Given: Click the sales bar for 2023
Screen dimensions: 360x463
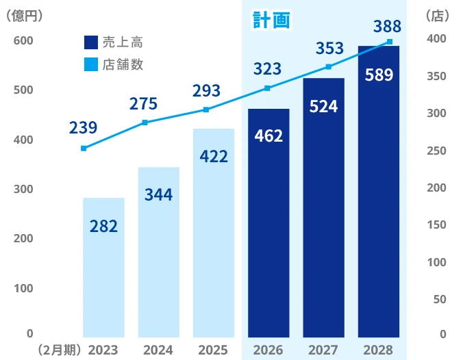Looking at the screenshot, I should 103,267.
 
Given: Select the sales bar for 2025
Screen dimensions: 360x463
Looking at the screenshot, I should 214,233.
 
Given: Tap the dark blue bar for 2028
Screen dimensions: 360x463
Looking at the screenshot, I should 379,192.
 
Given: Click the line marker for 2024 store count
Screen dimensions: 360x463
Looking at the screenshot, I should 145,123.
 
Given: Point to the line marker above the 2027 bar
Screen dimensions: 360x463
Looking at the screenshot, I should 328,66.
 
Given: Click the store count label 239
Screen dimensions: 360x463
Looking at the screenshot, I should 84,127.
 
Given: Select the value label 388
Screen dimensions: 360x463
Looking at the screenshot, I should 388,27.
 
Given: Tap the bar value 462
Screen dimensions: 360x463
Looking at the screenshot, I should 268,136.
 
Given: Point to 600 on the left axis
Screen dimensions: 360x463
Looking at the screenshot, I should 24,41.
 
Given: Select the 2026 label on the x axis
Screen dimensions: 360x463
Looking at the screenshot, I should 268,350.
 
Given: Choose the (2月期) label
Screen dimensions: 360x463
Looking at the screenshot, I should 60,350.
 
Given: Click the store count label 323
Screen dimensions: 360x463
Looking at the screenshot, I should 268,68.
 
